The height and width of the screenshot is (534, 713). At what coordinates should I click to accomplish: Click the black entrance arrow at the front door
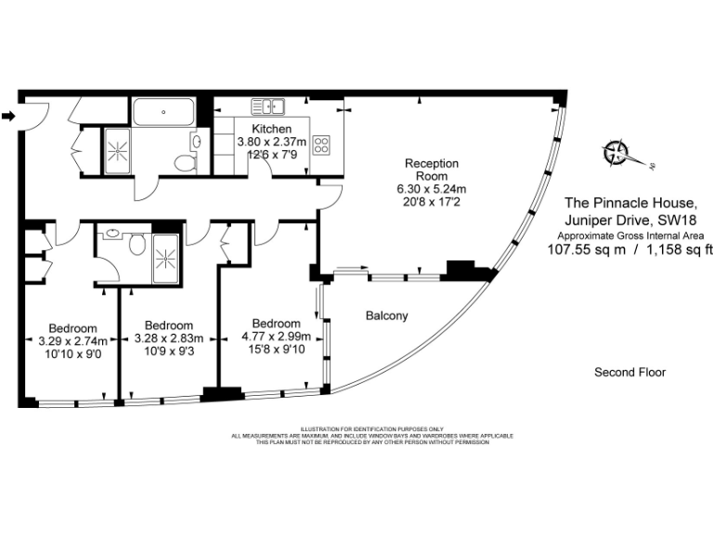click(8, 116)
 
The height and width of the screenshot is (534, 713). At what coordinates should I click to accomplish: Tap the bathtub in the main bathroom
click(163, 112)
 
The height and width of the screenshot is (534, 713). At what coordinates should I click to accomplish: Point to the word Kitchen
click(271, 129)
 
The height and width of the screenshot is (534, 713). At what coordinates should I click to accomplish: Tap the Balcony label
click(386, 316)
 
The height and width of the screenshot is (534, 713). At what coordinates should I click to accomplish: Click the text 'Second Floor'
click(629, 373)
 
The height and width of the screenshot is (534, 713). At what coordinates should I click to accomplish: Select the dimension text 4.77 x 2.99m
click(276, 337)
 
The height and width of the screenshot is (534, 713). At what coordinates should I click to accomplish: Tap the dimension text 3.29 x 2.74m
click(73, 339)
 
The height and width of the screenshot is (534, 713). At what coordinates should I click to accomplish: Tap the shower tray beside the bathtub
click(119, 147)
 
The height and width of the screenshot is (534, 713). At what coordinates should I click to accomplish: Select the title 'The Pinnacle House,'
click(629, 202)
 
